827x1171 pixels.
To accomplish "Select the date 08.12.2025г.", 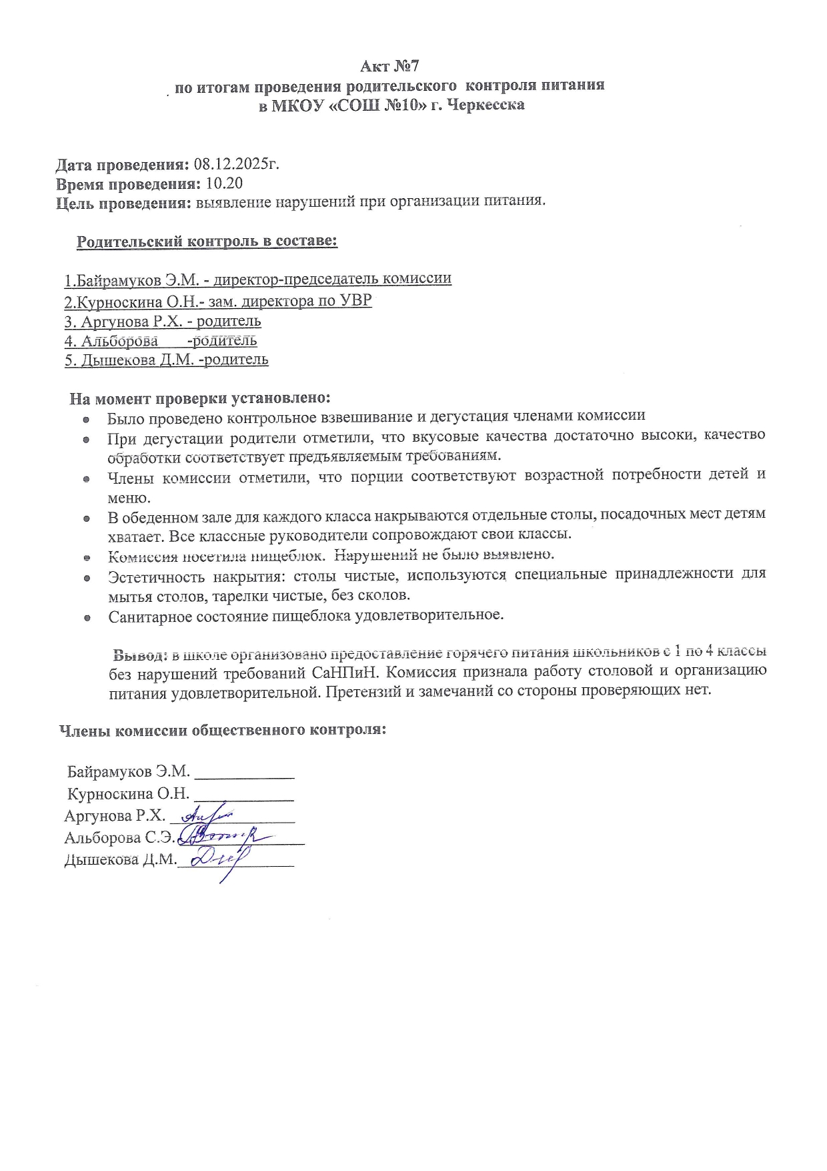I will [236, 164].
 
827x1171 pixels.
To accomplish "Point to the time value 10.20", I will [225, 183].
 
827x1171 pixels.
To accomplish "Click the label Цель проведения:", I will [123, 203].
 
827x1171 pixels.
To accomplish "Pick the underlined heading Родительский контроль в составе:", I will [207, 242].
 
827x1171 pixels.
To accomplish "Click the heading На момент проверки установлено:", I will [200, 398].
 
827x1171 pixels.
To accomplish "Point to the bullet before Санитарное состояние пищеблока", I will [87, 617].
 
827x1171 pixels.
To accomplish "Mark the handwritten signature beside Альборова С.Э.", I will [223, 835].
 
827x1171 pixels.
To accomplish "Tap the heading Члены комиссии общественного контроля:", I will [223, 730].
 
